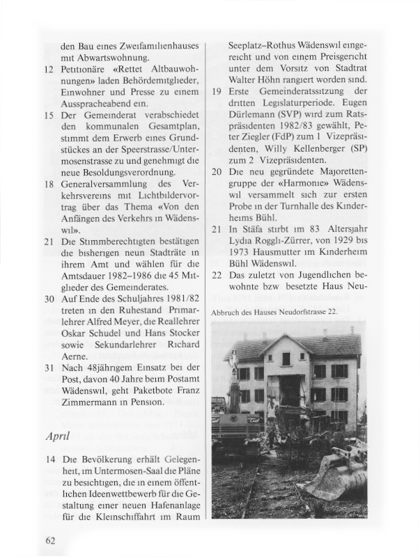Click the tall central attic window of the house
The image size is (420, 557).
tap(286, 359)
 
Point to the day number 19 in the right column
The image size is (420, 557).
tap(217, 92)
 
